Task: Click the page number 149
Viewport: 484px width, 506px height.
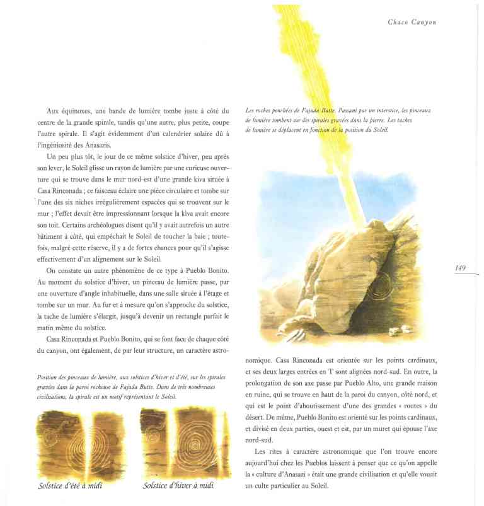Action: pyautogui.click(x=460, y=268)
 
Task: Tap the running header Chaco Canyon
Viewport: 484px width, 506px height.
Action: pyautogui.click(x=412, y=22)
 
